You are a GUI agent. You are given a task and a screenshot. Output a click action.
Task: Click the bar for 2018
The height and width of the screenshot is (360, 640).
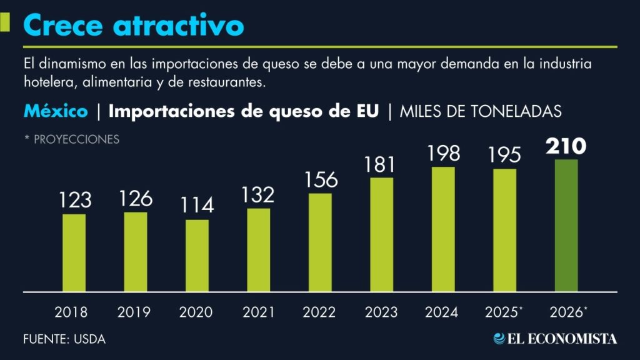(74, 252)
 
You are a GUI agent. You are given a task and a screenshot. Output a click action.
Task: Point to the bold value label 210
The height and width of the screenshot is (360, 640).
(566, 146)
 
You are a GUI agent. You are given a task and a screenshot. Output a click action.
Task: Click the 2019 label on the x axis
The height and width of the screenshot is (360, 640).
(135, 312)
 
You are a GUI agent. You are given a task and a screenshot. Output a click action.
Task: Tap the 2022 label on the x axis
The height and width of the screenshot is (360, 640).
(319, 312)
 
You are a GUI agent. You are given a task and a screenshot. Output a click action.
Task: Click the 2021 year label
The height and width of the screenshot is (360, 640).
(258, 312)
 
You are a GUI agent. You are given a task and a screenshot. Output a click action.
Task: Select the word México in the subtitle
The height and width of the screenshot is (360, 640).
(56, 112)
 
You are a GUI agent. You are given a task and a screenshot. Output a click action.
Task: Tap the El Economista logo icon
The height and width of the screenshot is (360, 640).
(499, 338)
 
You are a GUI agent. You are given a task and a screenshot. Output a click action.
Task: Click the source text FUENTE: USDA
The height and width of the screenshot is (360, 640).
(64, 339)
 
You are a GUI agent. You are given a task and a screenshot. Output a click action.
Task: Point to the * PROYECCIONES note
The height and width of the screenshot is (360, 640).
(71, 139)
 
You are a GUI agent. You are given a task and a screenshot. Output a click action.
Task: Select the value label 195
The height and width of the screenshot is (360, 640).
(504, 156)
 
